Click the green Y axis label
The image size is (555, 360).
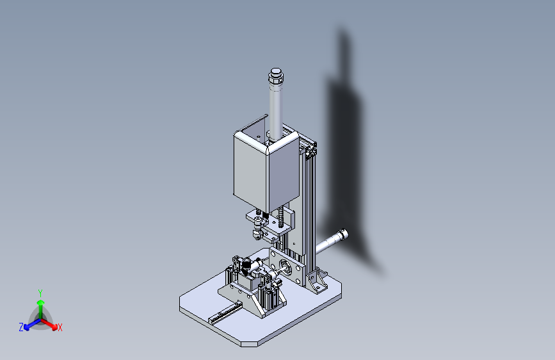[40, 293]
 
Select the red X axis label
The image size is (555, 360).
[60, 327]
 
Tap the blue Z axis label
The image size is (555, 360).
[21, 327]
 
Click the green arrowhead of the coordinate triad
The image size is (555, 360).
[41, 302]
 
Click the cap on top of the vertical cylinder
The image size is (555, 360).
[276, 76]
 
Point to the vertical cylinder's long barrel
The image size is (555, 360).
[276, 110]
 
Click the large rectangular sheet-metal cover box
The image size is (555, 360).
[266, 170]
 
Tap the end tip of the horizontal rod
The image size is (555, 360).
[343, 234]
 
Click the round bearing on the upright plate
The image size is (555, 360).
[286, 266]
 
